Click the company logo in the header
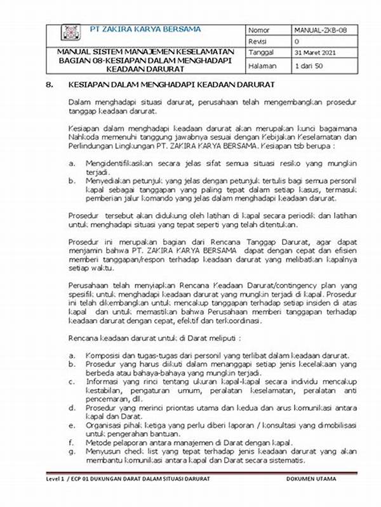click(70, 33)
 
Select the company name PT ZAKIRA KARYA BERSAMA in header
click(145, 29)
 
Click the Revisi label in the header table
click(258, 41)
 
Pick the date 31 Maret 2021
click(316, 53)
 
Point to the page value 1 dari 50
click(310, 66)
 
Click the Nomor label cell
click(259, 30)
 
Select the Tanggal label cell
click(261, 53)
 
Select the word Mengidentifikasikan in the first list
click(119, 163)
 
